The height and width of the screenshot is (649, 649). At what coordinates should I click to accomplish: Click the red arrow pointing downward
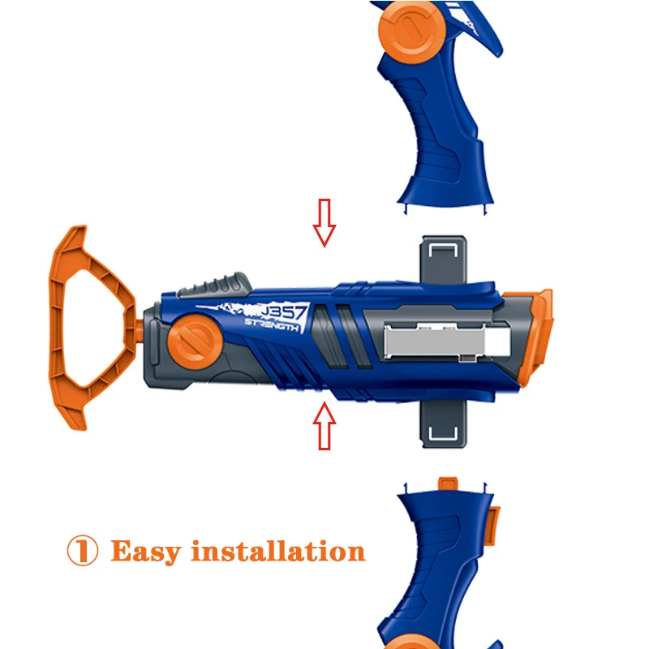tap(324, 222)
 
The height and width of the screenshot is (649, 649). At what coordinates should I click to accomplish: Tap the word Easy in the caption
tap(146, 552)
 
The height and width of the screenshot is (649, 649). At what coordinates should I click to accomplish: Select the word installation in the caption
tap(277, 551)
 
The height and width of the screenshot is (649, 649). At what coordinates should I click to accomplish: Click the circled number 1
tap(83, 551)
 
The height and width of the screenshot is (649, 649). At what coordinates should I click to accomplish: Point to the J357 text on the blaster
tap(285, 312)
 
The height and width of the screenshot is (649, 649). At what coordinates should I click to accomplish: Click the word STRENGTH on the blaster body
tap(272, 325)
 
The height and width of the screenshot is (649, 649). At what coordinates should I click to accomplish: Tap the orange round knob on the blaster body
tap(195, 342)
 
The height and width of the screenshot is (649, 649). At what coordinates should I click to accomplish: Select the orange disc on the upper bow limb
tap(412, 31)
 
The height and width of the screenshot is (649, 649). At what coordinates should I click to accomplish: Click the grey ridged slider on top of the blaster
tap(214, 285)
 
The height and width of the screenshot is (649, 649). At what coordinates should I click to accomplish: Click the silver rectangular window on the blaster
tap(446, 342)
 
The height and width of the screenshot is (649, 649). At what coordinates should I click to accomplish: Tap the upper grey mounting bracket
tap(443, 260)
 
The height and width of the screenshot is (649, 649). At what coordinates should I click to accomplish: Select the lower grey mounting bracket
tap(443, 425)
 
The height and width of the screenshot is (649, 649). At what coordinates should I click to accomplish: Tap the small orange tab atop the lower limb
tap(448, 484)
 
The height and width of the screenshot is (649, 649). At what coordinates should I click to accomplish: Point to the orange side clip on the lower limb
tap(492, 525)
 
